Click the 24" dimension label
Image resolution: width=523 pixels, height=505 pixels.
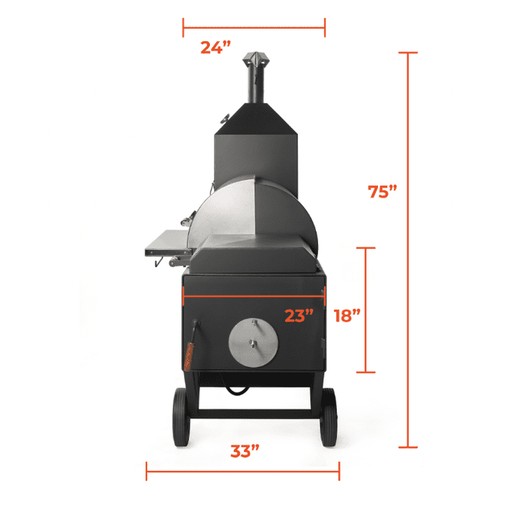[x=216, y=48]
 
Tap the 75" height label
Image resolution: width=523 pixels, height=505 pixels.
[x=383, y=192]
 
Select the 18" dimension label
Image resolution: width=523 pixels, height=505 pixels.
[x=347, y=315]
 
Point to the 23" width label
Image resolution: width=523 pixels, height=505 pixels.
[x=298, y=315]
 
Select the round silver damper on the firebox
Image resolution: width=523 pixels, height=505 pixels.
[x=252, y=341]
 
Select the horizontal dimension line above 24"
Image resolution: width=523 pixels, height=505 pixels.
[x=254, y=29]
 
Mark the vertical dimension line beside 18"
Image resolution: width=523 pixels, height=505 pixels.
[x=366, y=310]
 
